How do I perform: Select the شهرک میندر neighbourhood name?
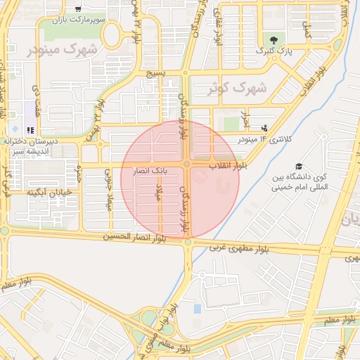point(63,50)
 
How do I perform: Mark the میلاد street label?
point(159,191)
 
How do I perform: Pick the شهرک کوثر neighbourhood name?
point(237,89)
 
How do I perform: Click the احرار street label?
point(245,118)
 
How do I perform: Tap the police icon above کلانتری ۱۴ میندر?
point(264,127)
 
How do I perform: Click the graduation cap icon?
point(300,167)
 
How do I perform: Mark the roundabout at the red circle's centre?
point(187,164)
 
